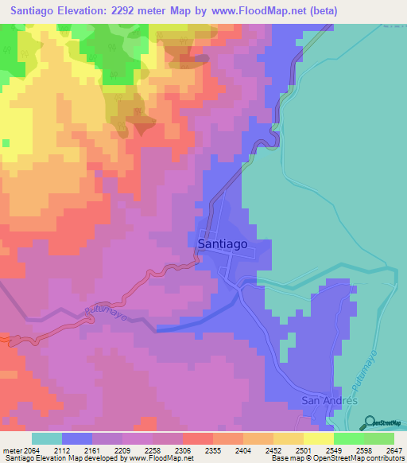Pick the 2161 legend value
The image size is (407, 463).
coord(107,449)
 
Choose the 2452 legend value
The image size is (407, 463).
coord(258,449)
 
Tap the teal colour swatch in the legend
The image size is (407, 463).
coord(47,438)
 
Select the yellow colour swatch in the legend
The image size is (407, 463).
coord(318,438)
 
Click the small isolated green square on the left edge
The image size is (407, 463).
coord(6,143)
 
